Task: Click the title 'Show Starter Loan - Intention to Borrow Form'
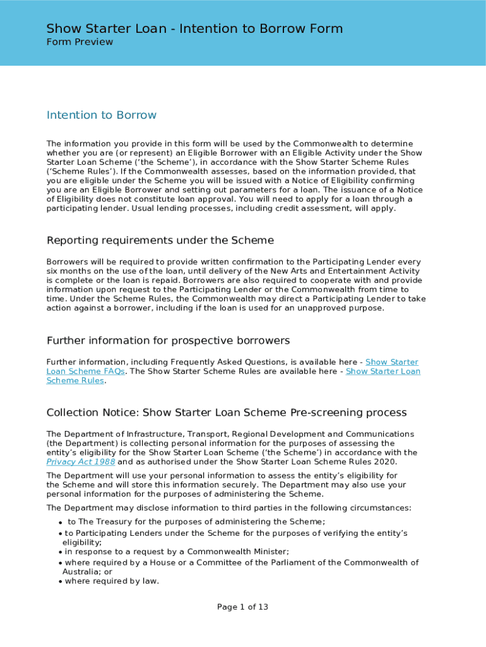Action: coord(194,28)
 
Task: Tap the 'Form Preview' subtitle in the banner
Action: coord(80,42)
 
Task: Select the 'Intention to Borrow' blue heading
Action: coord(101,115)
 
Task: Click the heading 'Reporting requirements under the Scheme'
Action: coord(160,240)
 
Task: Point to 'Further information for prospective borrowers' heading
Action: coord(168,341)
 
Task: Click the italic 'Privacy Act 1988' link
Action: coord(71,462)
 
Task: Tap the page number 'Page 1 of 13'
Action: coord(242,607)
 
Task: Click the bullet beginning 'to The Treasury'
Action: coord(196,522)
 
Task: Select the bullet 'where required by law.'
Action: coord(112,581)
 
